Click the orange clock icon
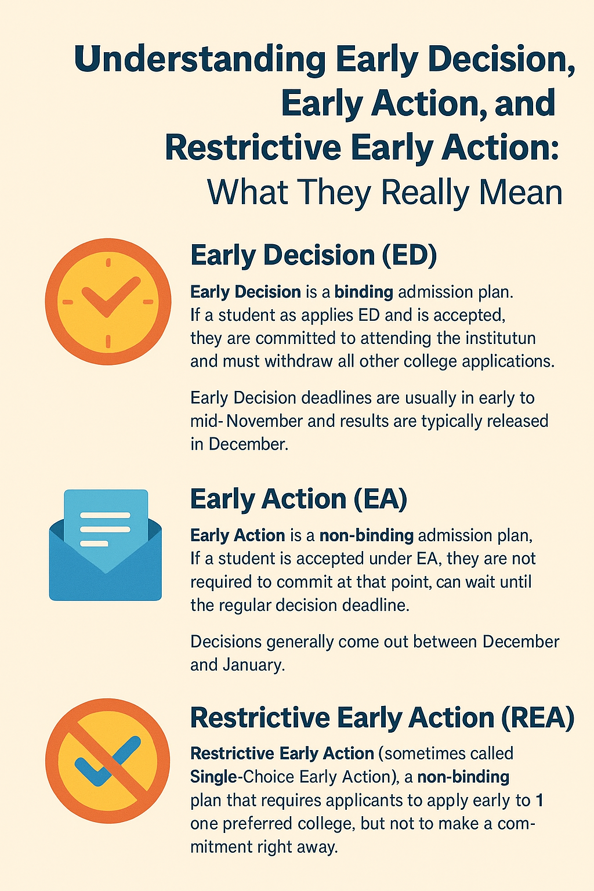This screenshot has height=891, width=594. (x=108, y=302)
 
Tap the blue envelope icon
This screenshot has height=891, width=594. (x=106, y=545)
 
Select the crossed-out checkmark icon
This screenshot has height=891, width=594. (x=107, y=760)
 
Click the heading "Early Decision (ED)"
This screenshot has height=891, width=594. (x=313, y=255)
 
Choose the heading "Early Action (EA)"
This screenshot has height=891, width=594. (x=299, y=498)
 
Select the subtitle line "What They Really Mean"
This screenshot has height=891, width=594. (x=385, y=193)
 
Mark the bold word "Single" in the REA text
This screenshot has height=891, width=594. (x=214, y=777)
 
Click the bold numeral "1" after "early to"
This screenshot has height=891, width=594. (x=539, y=800)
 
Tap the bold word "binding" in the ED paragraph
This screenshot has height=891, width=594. (x=364, y=292)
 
